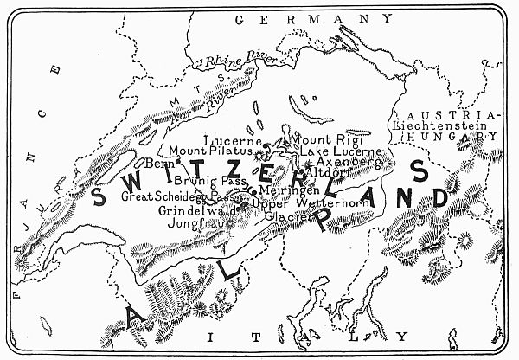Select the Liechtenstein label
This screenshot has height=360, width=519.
click(x=439, y=126)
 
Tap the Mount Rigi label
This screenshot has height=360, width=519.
click(x=327, y=139)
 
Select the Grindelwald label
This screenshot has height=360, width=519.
click(x=192, y=209)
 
